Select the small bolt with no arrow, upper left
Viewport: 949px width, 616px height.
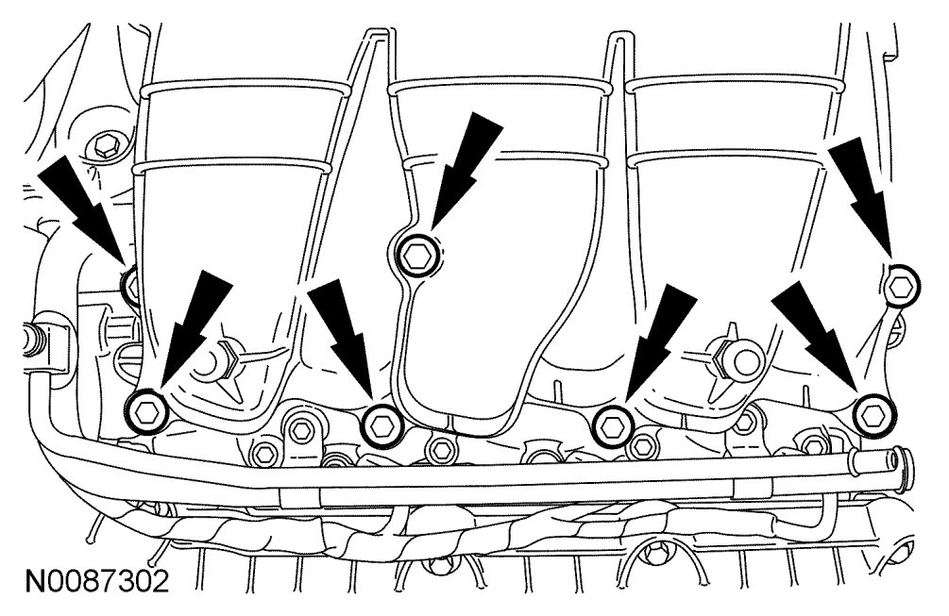[x=104, y=146]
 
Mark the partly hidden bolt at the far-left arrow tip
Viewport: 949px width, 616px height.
[x=130, y=282]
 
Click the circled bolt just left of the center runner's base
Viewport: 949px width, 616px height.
[x=382, y=424]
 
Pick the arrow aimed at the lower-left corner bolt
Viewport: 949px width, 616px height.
[x=194, y=325]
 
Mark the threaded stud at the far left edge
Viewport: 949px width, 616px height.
[x=34, y=334]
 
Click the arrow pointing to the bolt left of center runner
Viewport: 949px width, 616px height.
[x=345, y=344]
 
